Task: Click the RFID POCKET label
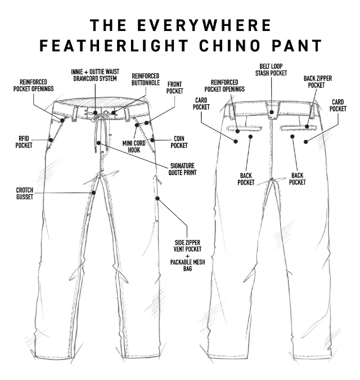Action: (x=24, y=142)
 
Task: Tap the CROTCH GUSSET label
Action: (x=25, y=194)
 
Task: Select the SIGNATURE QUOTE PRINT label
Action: (x=182, y=169)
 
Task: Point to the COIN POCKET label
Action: (x=179, y=142)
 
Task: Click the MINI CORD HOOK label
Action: (x=134, y=146)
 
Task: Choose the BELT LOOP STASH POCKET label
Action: (x=271, y=70)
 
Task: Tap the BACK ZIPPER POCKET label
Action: (x=318, y=82)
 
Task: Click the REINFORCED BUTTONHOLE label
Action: (x=146, y=79)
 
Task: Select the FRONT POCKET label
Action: (x=174, y=87)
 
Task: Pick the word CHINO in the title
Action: (x=229, y=46)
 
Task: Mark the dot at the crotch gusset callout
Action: (x=94, y=193)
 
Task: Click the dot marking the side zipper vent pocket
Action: (x=157, y=199)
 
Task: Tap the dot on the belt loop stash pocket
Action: (x=272, y=112)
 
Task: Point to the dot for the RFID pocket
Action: (x=51, y=140)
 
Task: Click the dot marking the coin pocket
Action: (x=152, y=140)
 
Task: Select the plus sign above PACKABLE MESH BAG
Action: (x=188, y=256)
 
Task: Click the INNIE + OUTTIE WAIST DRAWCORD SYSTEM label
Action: (x=95, y=75)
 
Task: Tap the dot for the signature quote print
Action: (x=98, y=143)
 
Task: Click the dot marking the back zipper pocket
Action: (x=307, y=126)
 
